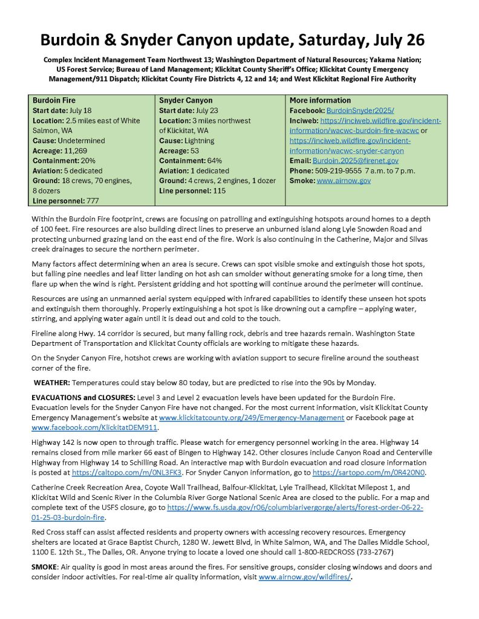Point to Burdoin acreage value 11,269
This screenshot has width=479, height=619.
80,151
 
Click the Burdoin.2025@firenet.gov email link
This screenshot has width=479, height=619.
355,161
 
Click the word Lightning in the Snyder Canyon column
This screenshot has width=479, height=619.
209,140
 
